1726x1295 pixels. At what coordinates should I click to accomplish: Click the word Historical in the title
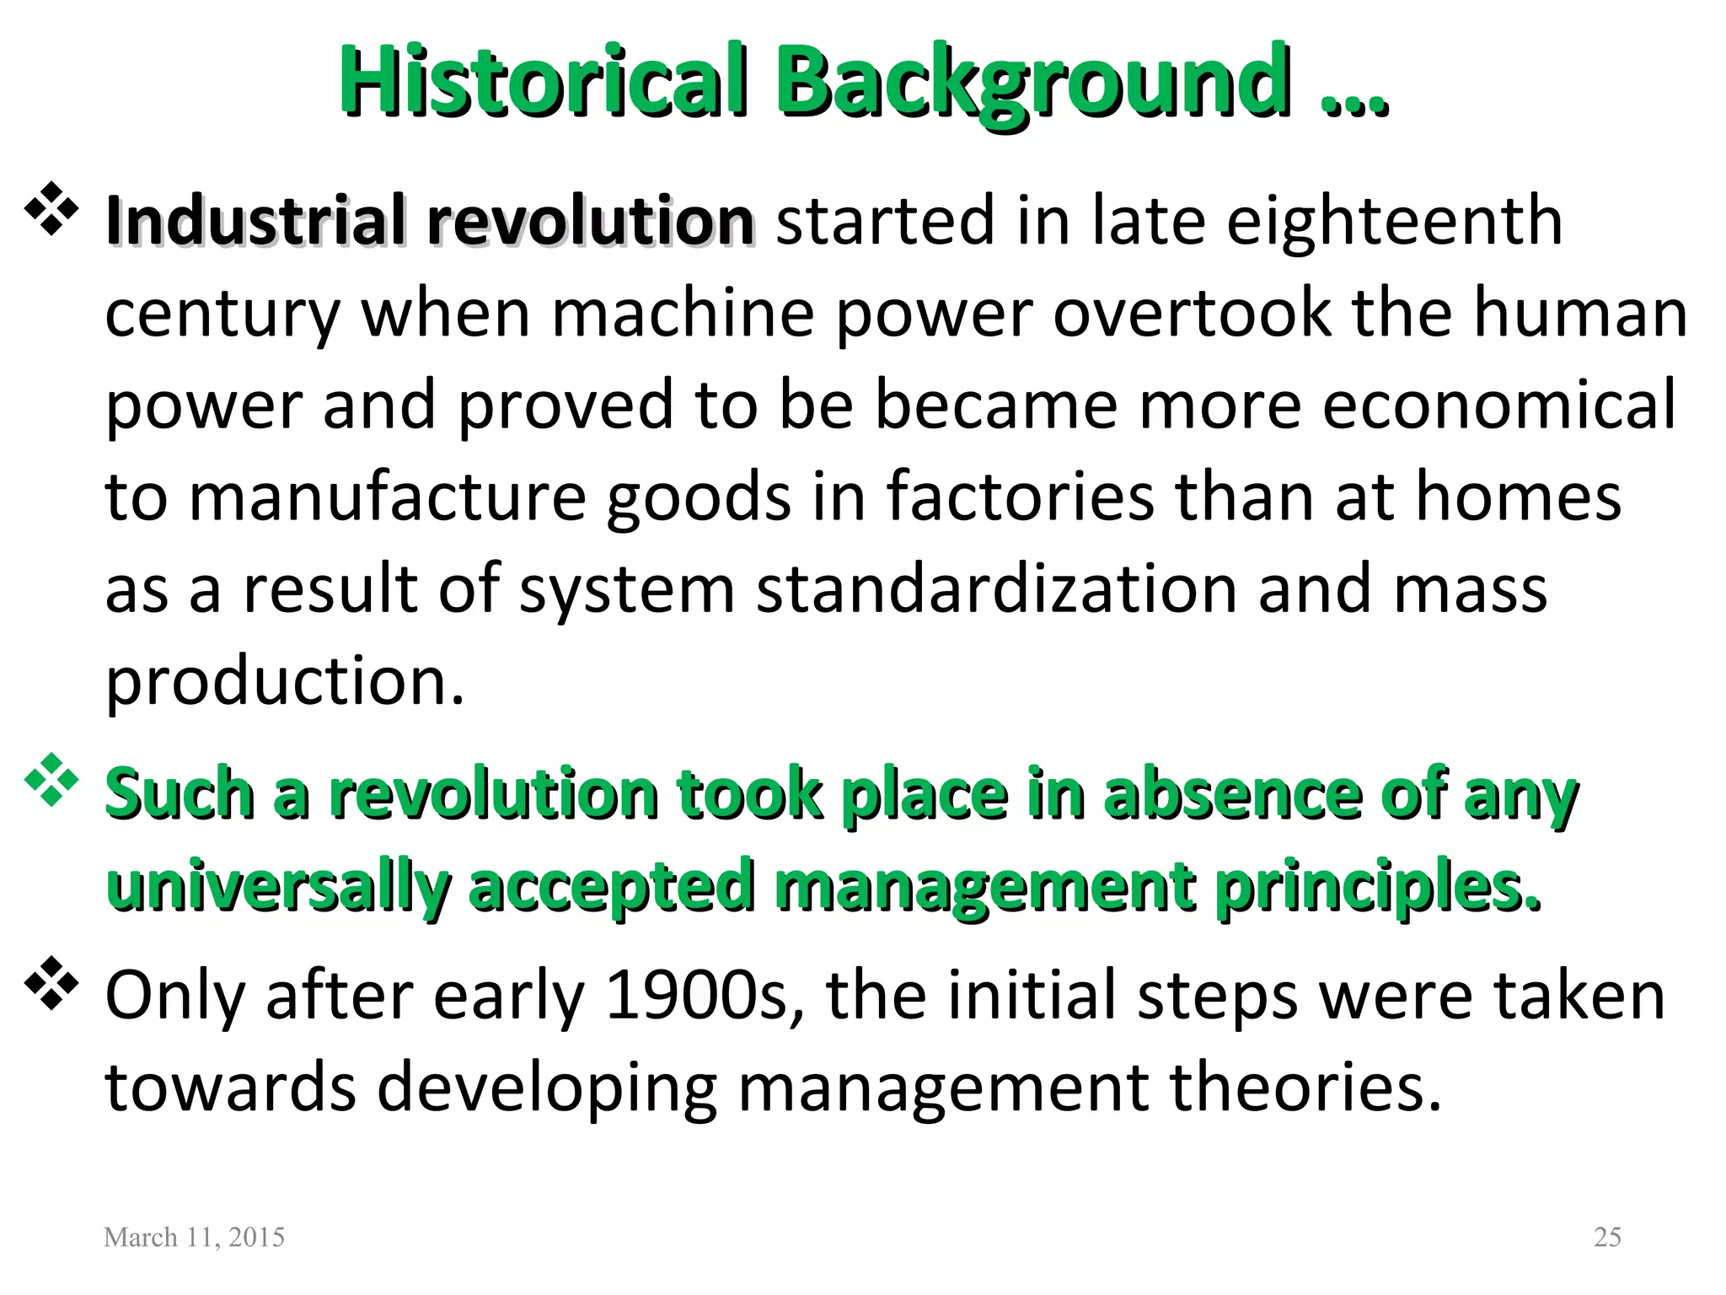(543, 82)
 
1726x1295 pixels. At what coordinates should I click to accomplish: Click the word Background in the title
(1035, 82)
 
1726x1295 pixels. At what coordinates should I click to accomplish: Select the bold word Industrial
(256, 221)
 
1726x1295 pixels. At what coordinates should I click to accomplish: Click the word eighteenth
(1394, 221)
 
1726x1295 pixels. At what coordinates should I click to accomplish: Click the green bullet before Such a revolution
(52, 780)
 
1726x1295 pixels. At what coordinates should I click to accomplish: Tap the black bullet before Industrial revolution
(52, 208)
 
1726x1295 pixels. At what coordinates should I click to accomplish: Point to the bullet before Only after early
(52, 983)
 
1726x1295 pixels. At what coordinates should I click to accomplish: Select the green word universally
(278, 887)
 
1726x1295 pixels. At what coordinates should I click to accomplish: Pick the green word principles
(1377, 887)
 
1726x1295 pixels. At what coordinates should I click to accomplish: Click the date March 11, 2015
(194, 1237)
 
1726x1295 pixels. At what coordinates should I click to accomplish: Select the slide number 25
(1607, 1237)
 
